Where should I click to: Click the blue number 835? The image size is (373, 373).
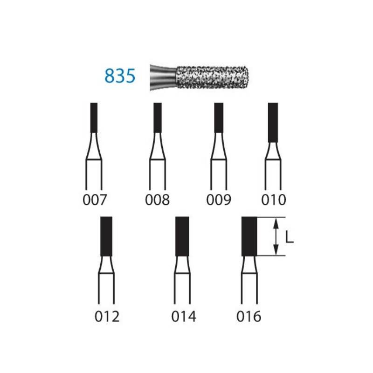(120, 76)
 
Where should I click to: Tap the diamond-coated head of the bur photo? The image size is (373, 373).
(212, 77)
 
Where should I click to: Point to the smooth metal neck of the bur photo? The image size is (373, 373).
(163, 77)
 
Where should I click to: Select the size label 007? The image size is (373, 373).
(95, 200)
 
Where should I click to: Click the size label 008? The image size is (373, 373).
(157, 200)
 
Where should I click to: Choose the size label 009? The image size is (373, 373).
(219, 200)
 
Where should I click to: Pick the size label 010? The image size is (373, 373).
(274, 200)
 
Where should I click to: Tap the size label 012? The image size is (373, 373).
(107, 317)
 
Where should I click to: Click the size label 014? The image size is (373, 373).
(184, 317)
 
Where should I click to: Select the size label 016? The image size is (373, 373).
(249, 317)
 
